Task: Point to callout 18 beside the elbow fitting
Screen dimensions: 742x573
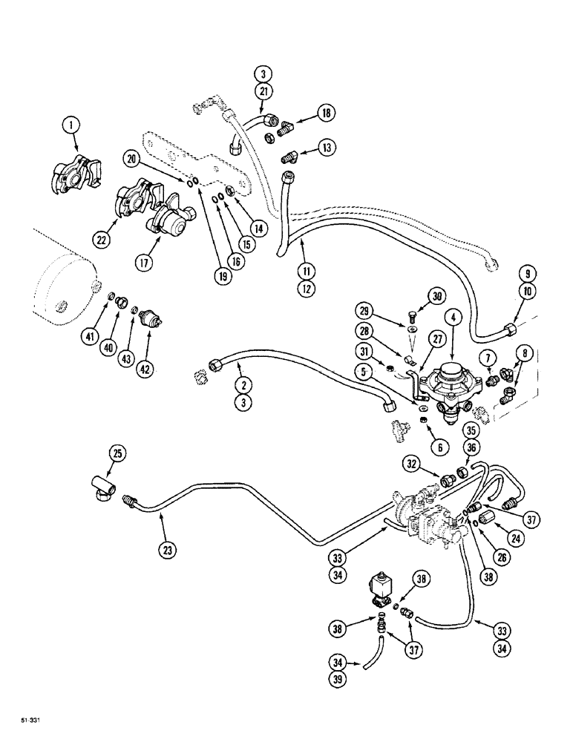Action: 326,114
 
